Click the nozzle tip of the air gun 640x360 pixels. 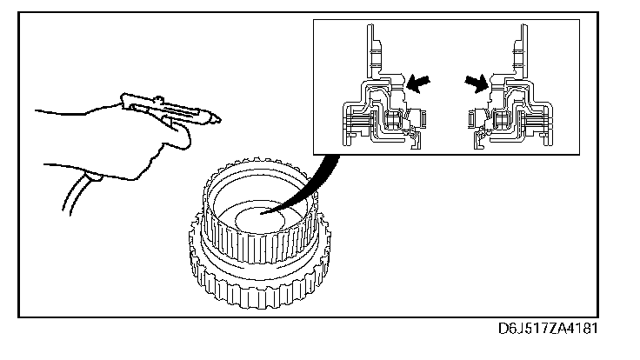[218, 118]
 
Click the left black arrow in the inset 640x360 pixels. [417, 83]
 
